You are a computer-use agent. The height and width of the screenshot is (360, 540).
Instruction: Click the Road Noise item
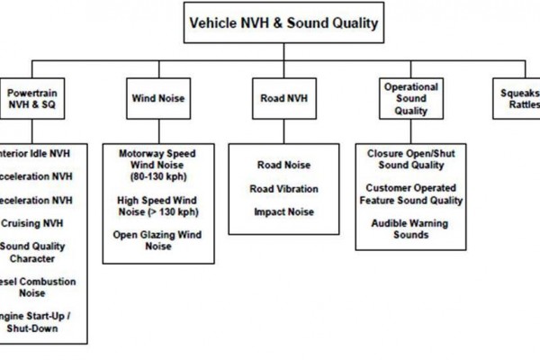tap(283, 166)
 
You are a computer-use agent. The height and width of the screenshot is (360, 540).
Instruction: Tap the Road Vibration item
tap(283, 188)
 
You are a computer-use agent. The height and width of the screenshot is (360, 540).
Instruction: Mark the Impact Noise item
tap(283, 211)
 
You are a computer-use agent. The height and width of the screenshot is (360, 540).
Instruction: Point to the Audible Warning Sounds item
tap(410, 229)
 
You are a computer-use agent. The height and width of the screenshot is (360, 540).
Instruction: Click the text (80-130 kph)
tap(157, 175)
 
